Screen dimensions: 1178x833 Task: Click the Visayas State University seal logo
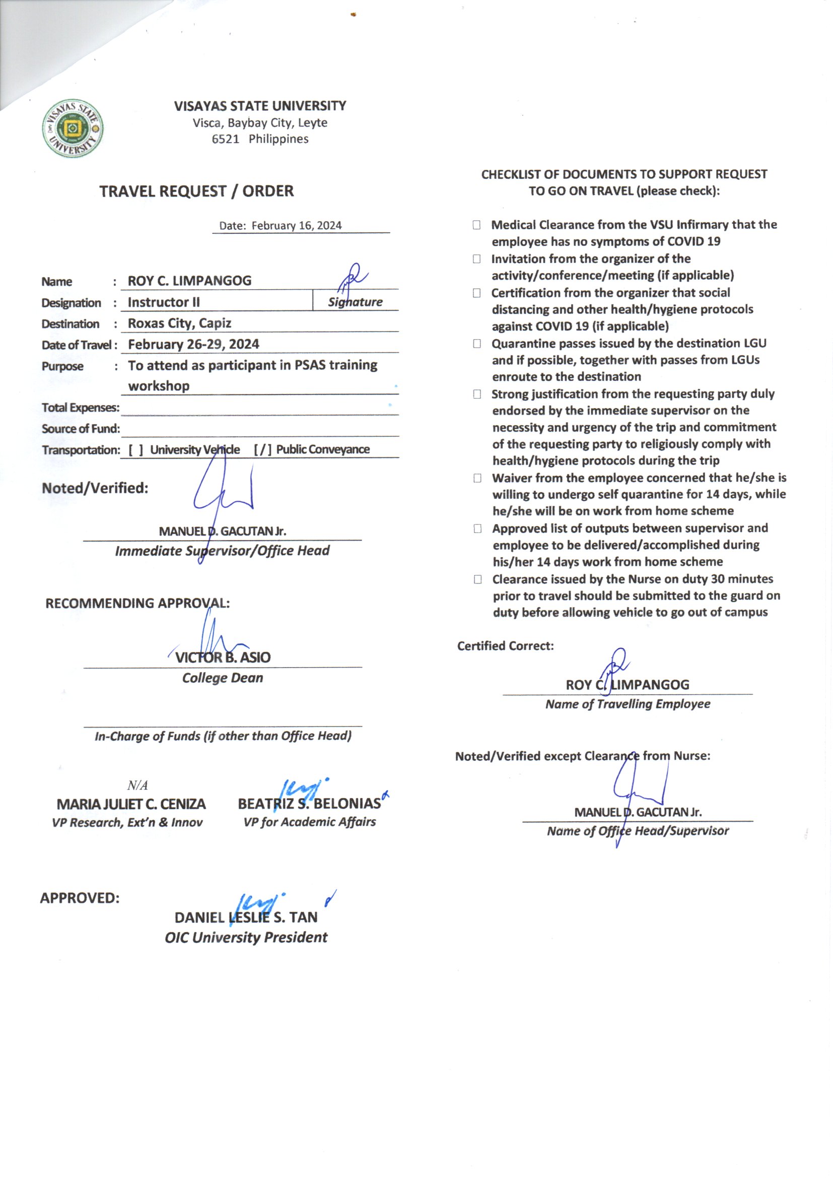[73, 128]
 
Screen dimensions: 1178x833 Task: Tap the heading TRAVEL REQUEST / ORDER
[196, 191]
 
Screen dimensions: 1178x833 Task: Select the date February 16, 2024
[297, 226]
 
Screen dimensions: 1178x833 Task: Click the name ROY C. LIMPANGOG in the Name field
[189, 281]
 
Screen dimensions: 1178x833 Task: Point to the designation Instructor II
[164, 303]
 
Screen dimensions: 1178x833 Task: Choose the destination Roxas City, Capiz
[179, 324]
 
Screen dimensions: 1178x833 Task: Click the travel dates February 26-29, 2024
[193, 345]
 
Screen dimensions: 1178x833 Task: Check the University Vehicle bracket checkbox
[136, 450]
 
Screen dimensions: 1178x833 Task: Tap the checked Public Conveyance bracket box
[262, 450]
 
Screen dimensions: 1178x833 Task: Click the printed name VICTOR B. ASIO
[223, 658]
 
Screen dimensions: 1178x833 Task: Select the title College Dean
[223, 678]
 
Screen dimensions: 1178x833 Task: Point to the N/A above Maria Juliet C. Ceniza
[137, 786]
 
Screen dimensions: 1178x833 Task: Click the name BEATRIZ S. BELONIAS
[309, 804]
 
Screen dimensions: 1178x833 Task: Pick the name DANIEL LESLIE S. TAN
[246, 918]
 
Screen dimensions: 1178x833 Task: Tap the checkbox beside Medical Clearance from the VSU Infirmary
[476, 225]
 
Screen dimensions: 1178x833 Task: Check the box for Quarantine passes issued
[477, 344]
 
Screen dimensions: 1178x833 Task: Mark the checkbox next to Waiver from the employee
[477, 478]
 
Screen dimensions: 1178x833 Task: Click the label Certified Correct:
[505, 646]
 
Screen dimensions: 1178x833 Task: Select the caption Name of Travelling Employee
[628, 704]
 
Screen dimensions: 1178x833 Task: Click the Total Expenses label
[81, 408]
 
